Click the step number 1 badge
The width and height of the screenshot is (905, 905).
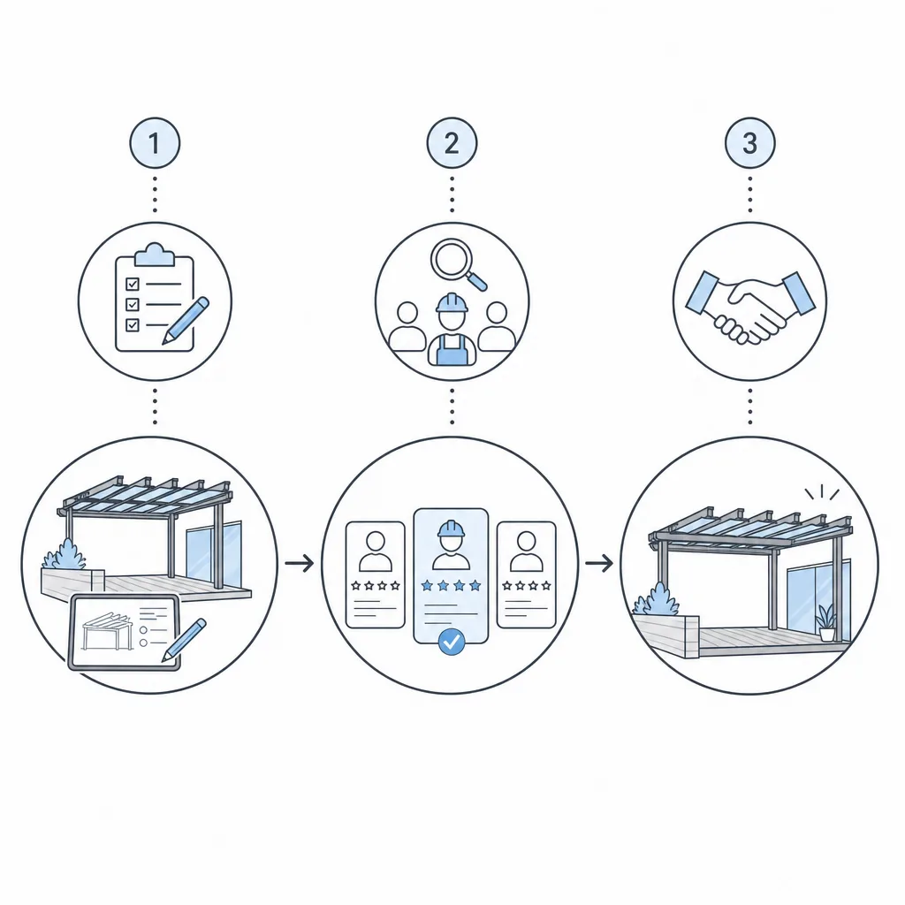(x=155, y=143)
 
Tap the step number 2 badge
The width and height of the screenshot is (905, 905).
(x=452, y=143)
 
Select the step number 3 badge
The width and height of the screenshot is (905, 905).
(x=749, y=143)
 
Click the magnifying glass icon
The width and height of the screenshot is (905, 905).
(x=457, y=264)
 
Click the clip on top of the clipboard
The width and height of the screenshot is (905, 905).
(x=154, y=255)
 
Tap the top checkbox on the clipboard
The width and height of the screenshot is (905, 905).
(x=133, y=284)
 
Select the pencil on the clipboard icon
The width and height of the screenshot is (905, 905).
(x=186, y=321)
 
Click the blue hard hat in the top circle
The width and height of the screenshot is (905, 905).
(x=452, y=303)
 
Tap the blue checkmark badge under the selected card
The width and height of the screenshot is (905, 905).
(x=452, y=642)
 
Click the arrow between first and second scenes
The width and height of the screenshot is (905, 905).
(x=299, y=563)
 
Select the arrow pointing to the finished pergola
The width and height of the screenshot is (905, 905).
(x=599, y=563)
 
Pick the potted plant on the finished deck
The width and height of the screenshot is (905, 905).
(x=826, y=622)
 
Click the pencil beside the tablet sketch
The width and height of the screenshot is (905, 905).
(x=184, y=640)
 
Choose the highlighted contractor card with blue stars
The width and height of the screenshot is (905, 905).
(x=451, y=575)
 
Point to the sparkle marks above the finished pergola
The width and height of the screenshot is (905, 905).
(x=822, y=492)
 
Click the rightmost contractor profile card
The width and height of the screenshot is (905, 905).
(x=527, y=574)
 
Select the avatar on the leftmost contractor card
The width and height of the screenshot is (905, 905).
(x=375, y=551)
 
